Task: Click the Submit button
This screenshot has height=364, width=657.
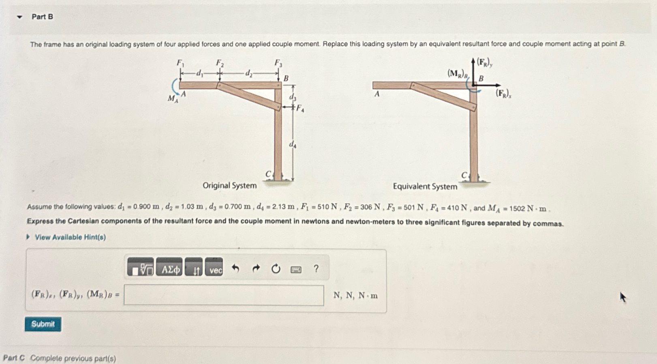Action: click(x=43, y=324)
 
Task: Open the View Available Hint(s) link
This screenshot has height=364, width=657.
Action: click(x=70, y=237)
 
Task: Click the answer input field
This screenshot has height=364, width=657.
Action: click(x=224, y=295)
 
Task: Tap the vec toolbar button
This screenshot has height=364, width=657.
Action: click(x=214, y=268)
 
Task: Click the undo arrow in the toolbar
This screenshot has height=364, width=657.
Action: click(x=235, y=268)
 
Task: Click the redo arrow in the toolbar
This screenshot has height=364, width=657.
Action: click(x=256, y=268)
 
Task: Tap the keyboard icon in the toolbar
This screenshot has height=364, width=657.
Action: click(x=296, y=269)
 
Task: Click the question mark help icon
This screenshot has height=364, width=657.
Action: click(x=316, y=268)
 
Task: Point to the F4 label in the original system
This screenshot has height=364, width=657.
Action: click(x=300, y=108)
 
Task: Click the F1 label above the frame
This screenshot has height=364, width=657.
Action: click(x=180, y=63)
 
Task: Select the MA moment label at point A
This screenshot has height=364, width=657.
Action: click(x=173, y=98)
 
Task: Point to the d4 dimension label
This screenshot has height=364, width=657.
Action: click(x=292, y=144)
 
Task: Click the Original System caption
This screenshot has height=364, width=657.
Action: click(x=229, y=186)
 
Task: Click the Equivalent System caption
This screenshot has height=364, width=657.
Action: click(x=425, y=186)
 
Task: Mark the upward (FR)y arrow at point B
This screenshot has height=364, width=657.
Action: click(x=473, y=71)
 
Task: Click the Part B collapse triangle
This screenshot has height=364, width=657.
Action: click(x=19, y=17)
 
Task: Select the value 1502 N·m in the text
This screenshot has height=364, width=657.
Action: click(x=528, y=208)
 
